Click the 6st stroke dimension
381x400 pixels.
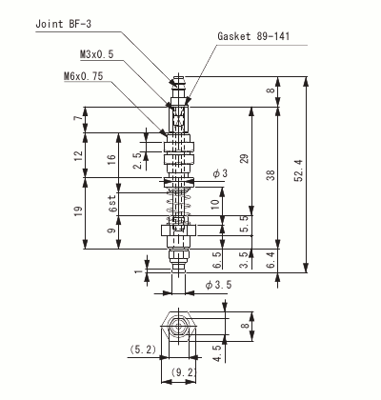pos(113,204)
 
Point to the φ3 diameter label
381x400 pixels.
pos(221,173)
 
